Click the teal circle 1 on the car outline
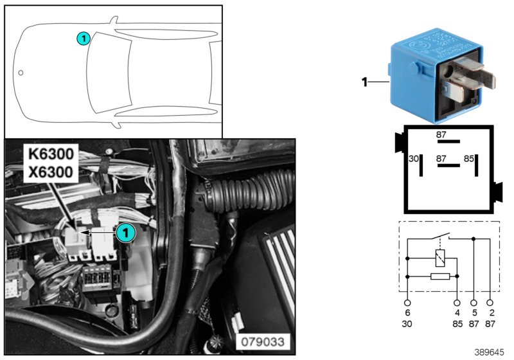point(83,39)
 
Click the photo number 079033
point(264,341)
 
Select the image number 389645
point(490,352)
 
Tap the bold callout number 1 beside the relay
point(364,82)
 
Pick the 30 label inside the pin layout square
point(414,158)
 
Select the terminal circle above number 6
point(407,301)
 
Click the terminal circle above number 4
point(457,301)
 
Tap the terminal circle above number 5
point(474,301)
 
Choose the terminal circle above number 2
point(492,301)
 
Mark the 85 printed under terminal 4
point(457,323)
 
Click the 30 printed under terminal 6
point(407,323)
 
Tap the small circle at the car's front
point(21,73)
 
